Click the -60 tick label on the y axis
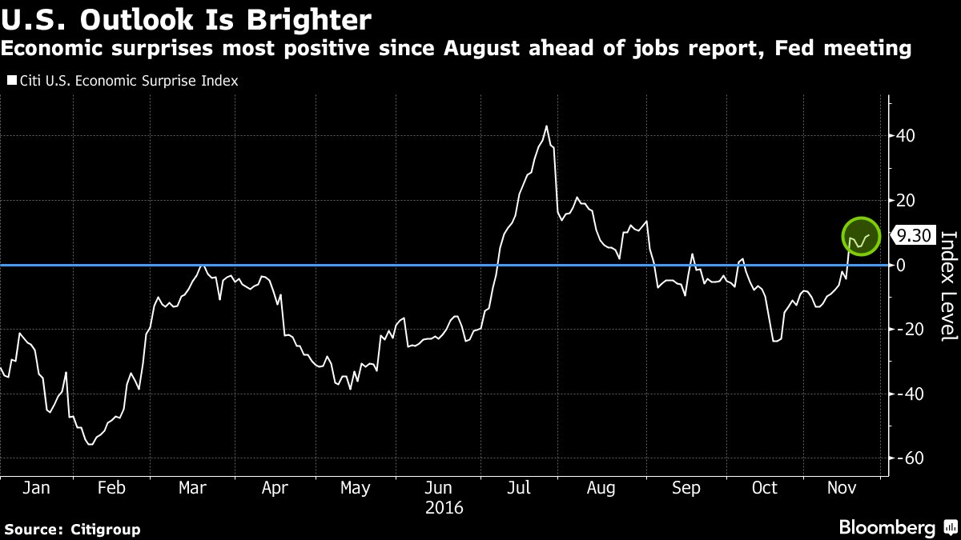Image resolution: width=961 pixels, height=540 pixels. pyautogui.click(x=907, y=458)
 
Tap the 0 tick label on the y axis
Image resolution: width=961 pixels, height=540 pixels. pyautogui.click(x=902, y=265)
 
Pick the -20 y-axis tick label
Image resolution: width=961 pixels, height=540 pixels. pyautogui.click(x=907, y=330)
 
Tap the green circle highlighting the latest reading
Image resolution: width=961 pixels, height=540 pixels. pyautogui.click(x=861, y=237)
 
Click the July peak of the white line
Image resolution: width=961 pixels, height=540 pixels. pyautogui.click(x=546, y=126)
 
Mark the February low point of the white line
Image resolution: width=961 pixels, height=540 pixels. pyautogui.click(x=90, y=444)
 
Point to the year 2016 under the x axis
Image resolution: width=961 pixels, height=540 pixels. pyautogui.click(x=444, y=507)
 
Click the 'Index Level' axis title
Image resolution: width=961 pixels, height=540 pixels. pyautogui.click(x=947, y=286)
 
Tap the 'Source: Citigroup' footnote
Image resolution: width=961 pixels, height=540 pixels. pyautogui.click(x=72, y=529)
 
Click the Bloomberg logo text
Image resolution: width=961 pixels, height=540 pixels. pyautogui.click(x=887, y=527)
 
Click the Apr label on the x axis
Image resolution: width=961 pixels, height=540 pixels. pyautogui.click(x=275, y=488)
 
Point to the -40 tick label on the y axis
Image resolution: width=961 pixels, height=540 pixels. pyautogui.click(x=907, y=394)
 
